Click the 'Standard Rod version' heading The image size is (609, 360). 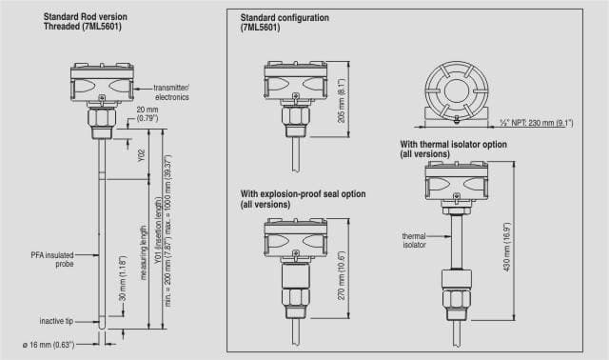pos(85,17)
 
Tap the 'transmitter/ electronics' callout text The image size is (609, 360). pos(171,92)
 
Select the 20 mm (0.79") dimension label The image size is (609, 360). pos(147,114)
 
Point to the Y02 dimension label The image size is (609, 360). pos(142,155)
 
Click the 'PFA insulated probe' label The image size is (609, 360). pos(52,259)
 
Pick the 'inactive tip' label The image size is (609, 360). pos(56,321)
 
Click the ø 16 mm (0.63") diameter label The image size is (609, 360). pos(49,345)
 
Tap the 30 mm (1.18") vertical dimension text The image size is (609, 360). pos(123,278)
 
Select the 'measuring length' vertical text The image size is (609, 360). pos(144,252)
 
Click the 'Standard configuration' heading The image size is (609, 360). pos(285,17)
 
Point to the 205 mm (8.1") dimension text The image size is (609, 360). pos(342,100)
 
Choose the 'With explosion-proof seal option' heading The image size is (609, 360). pos(303,193)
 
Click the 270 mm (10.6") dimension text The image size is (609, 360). pos(342,275)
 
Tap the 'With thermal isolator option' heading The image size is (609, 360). pos(453,144)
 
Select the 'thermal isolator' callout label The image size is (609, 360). pos(414,240)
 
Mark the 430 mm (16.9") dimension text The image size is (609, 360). pos(506,247)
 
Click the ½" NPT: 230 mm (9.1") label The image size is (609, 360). pos(536,123)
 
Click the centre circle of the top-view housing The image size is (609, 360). pos(457,90)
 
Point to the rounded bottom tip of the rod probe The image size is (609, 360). pos(102,327)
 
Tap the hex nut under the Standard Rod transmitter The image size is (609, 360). pos(102,117)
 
